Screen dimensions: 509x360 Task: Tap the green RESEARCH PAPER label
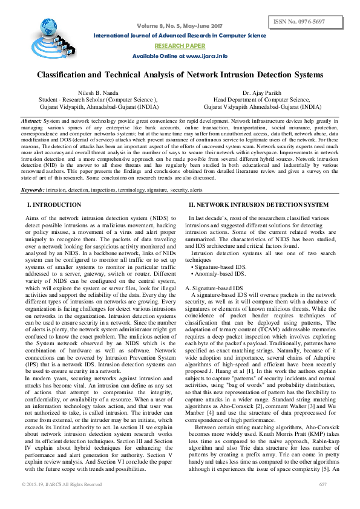[179, 45]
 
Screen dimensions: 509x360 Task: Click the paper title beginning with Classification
[180, 75]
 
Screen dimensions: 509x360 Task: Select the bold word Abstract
[31, 121]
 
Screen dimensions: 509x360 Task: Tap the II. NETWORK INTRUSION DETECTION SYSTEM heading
[258, 206]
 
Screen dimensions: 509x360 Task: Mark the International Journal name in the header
[180, 36]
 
